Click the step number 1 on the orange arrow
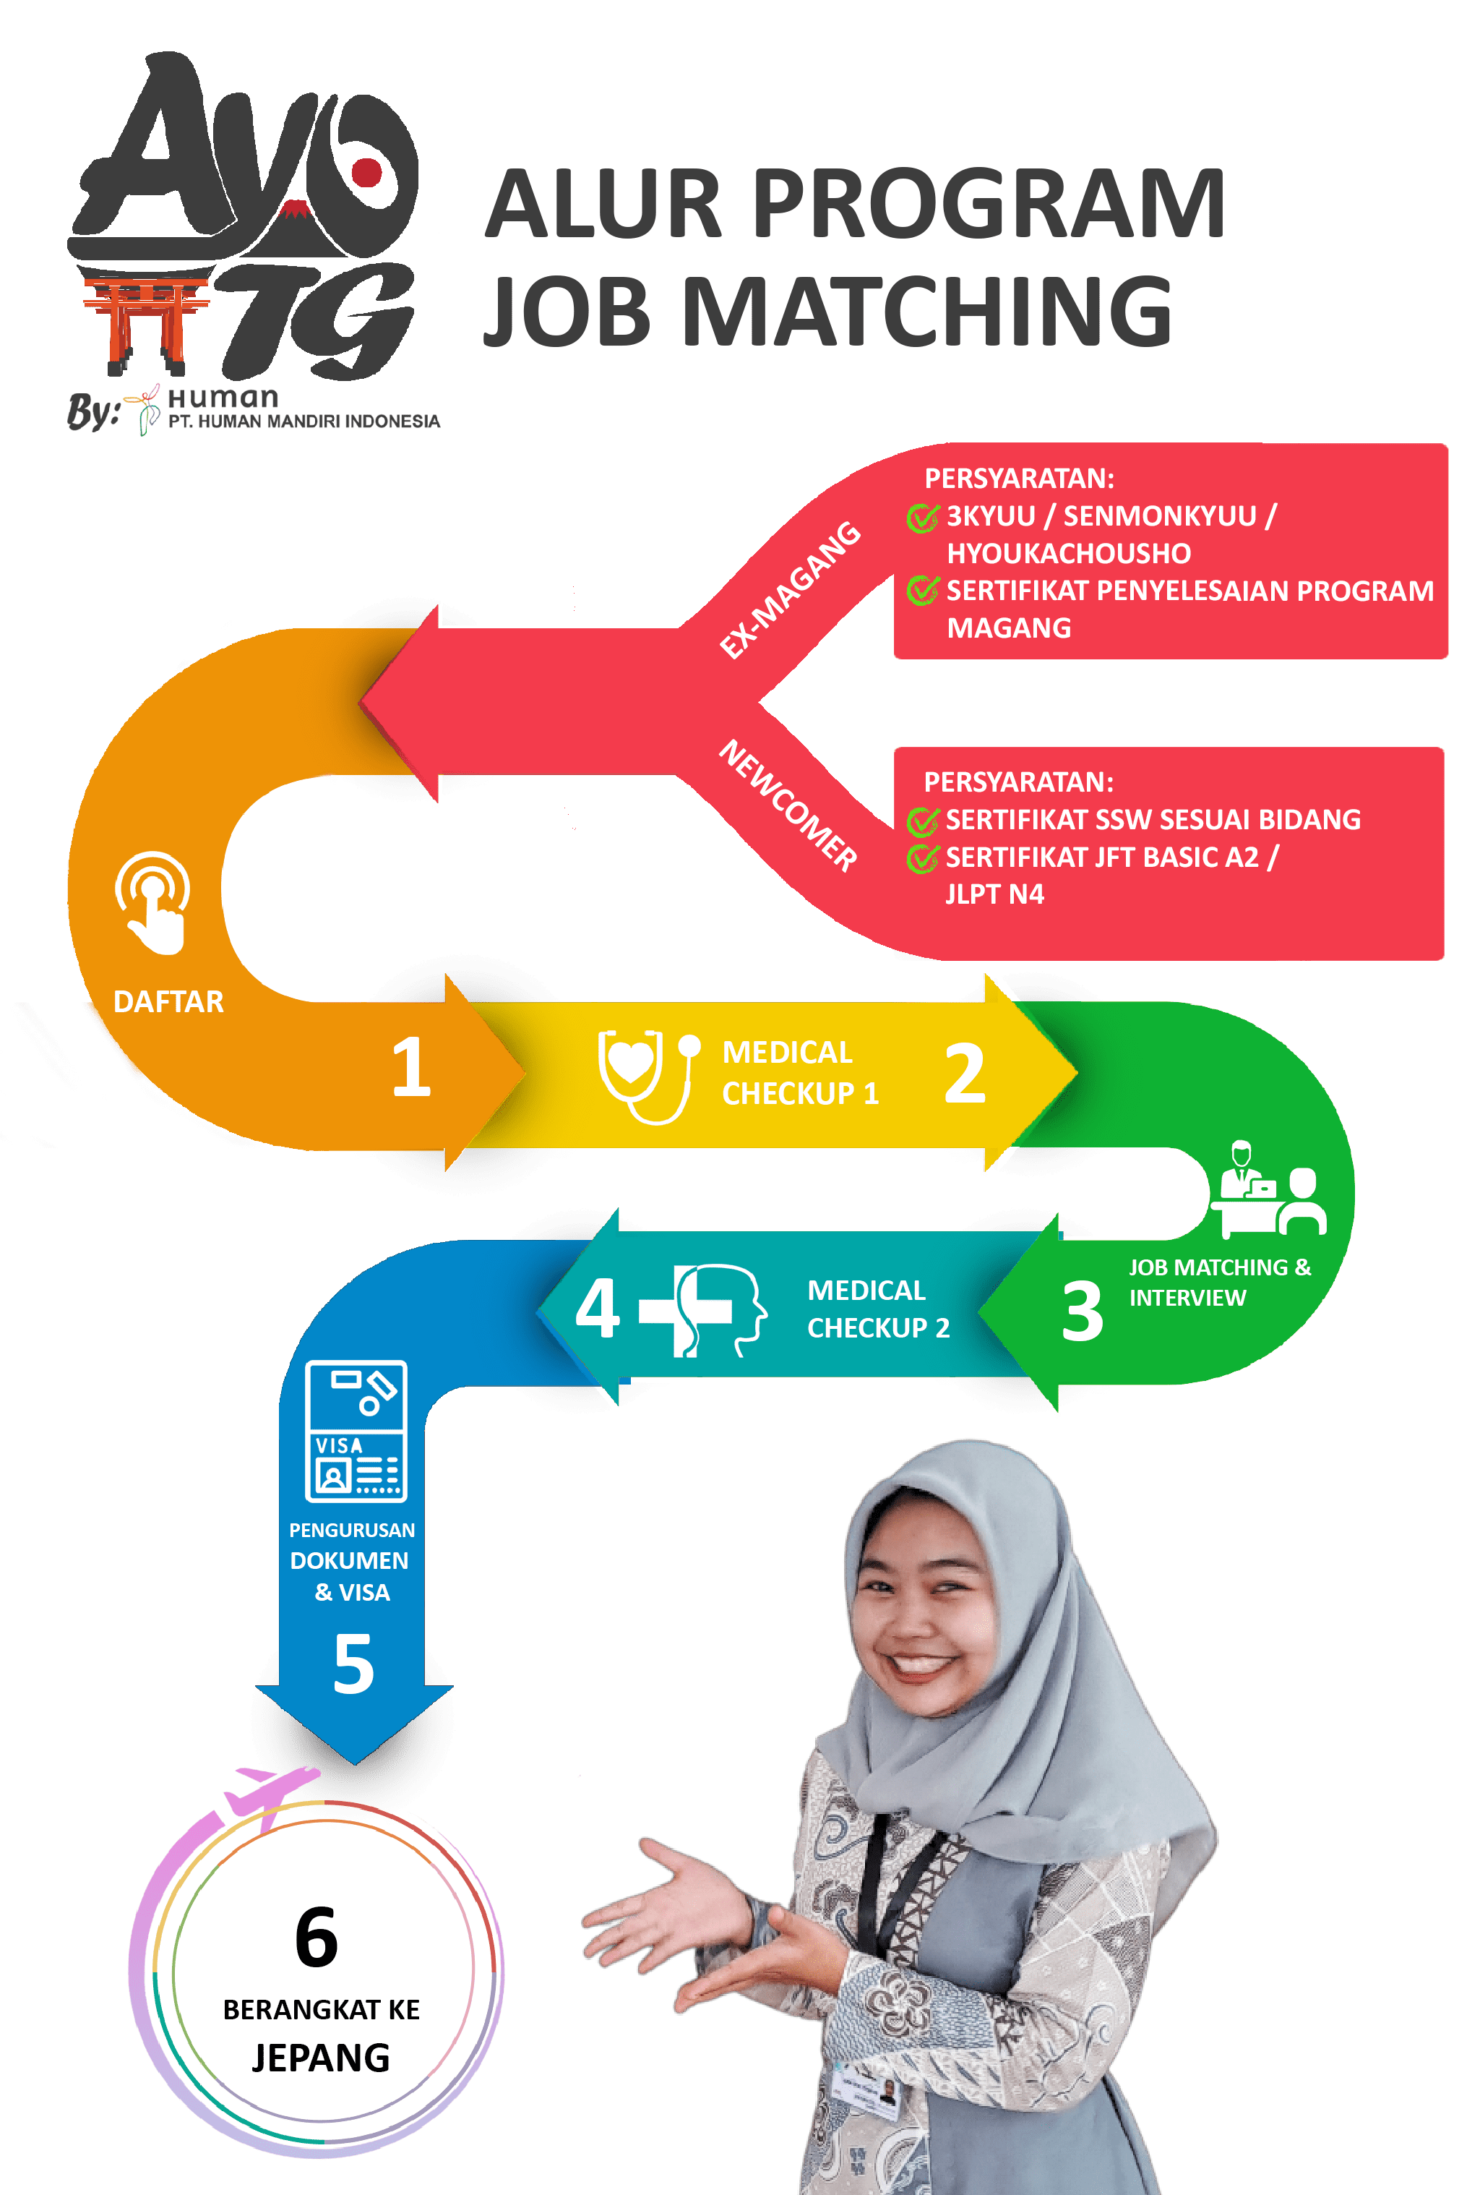coord(411,1067)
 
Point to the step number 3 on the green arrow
coord(1082,1312)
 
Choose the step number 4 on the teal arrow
coord(598,1308)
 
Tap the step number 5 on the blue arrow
coord(354,1664)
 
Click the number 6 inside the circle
coord(317,1936)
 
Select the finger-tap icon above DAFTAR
coord(153,902)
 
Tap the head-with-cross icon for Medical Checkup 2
coord(703,1310)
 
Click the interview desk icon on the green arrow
coord(1268,1189)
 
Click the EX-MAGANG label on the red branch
coord(789,590)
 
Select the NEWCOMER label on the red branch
coord(789,805)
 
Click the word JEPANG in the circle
coord(321,2058)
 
